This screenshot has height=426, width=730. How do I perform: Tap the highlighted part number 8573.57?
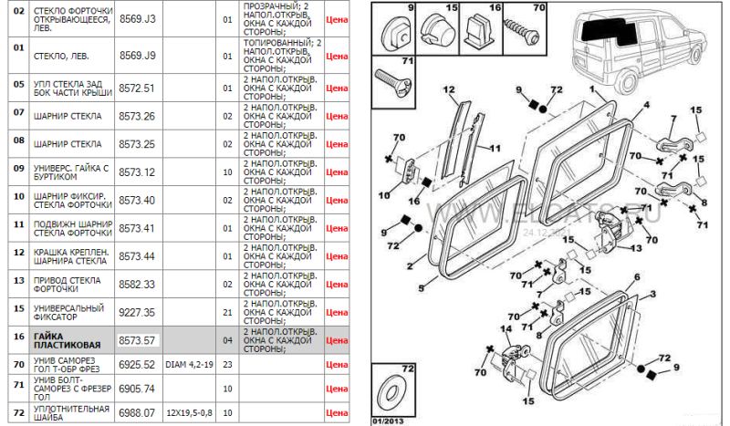coord(138,340)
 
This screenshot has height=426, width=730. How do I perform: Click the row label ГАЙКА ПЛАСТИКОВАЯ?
coord(62,340)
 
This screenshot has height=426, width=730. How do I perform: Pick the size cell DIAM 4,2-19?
coord(190,364)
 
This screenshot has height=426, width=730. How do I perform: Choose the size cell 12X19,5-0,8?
coord(190,413)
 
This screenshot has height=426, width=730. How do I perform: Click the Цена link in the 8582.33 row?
coord(337,285)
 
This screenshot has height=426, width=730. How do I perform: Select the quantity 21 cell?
coord(227,312)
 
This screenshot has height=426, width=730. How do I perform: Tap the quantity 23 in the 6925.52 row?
coord(227,364)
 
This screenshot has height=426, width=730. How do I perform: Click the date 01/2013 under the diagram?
coord(391,420)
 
